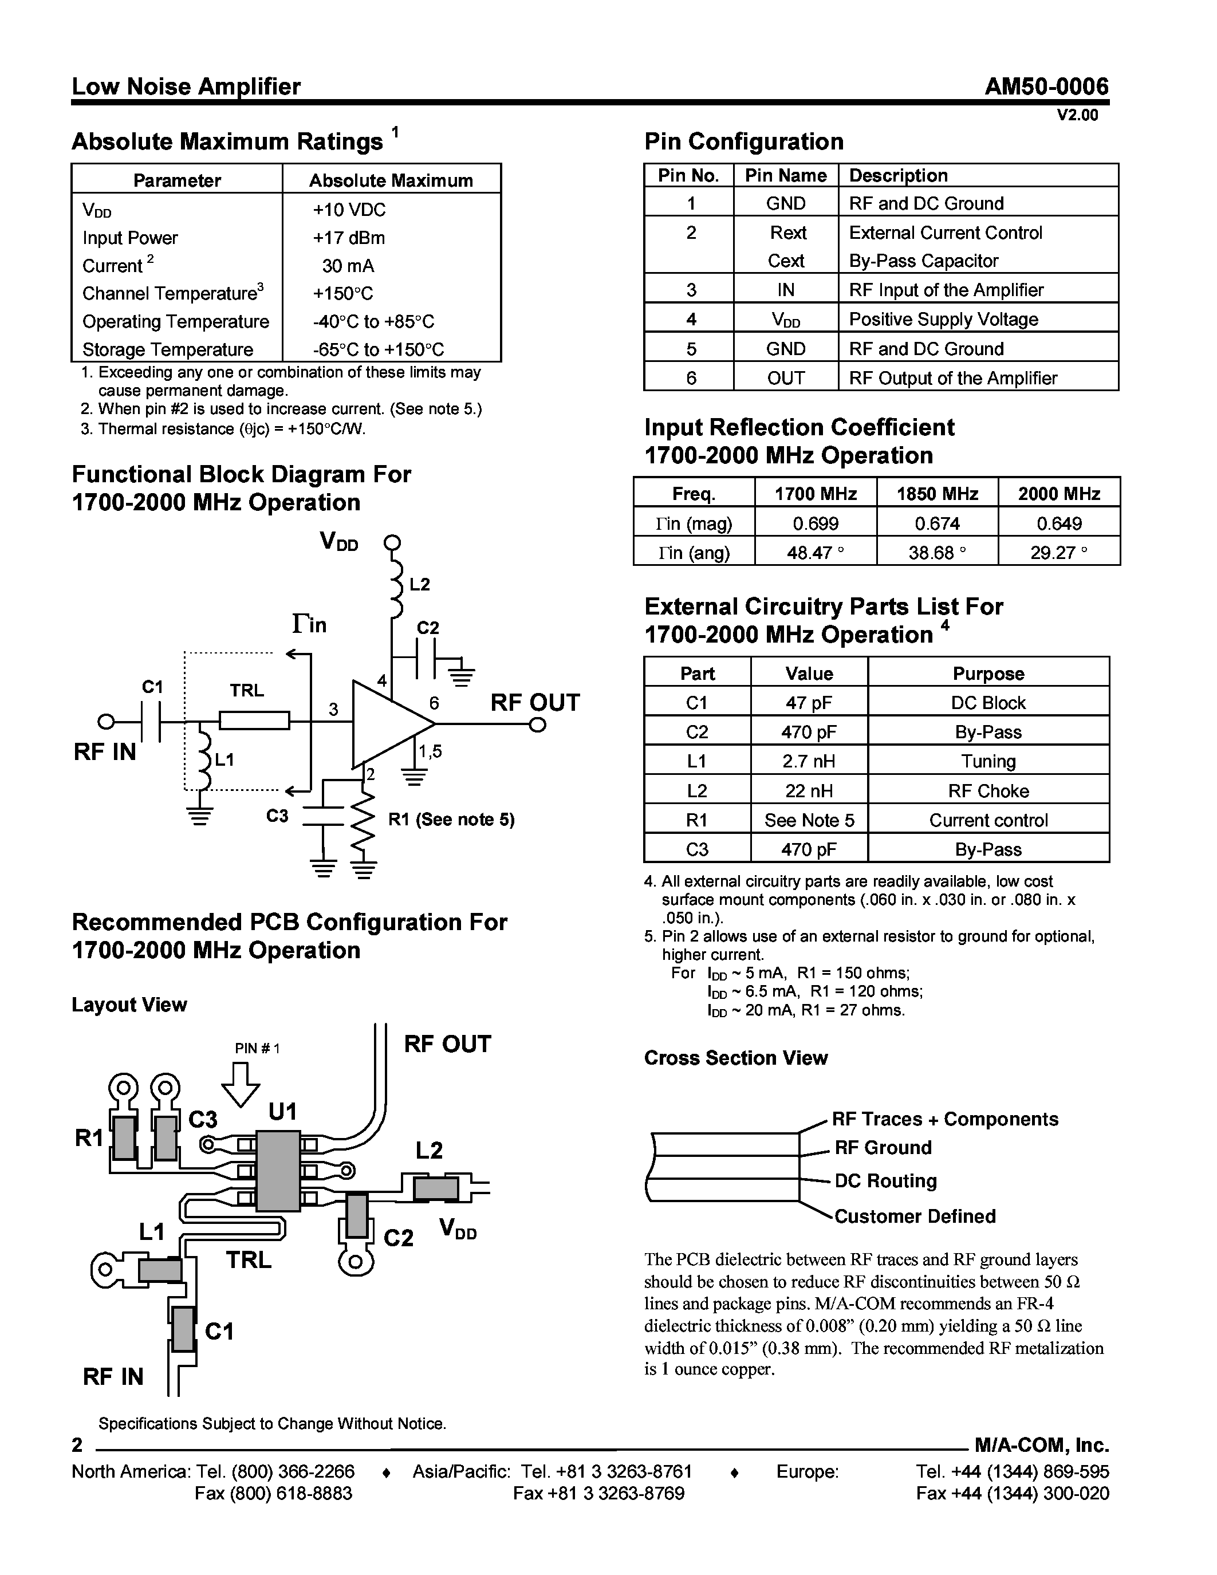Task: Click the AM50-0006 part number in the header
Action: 1046,87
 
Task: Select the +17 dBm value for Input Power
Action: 348,238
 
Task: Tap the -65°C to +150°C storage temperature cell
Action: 378,350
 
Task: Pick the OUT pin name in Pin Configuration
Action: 785,378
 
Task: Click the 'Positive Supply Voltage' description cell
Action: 943,320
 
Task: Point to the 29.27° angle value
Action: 1058,553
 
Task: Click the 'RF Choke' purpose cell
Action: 988,791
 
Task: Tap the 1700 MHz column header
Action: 816,494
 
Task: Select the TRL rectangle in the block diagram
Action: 254,720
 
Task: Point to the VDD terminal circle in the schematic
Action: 392,543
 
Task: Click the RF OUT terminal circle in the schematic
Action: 537,724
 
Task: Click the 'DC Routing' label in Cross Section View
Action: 885,1181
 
